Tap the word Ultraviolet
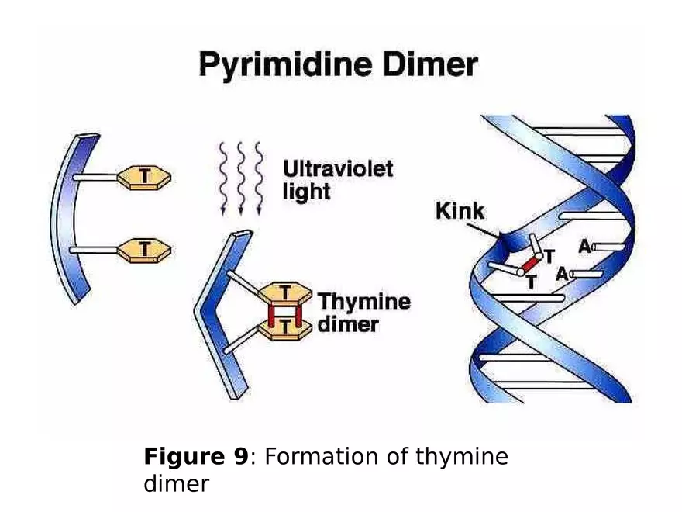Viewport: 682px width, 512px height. [x=337, y=168]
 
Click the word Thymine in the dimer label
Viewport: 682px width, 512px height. [x=363, y=301]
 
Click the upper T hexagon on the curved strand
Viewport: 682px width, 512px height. [x=143, y=178]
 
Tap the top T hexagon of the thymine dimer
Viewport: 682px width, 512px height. [x=285, y=293]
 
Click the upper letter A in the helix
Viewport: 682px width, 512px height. [x=584, y=247]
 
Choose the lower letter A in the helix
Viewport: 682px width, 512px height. [x=563, y=274]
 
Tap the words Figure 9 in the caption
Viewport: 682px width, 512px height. [x=196, y=457]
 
